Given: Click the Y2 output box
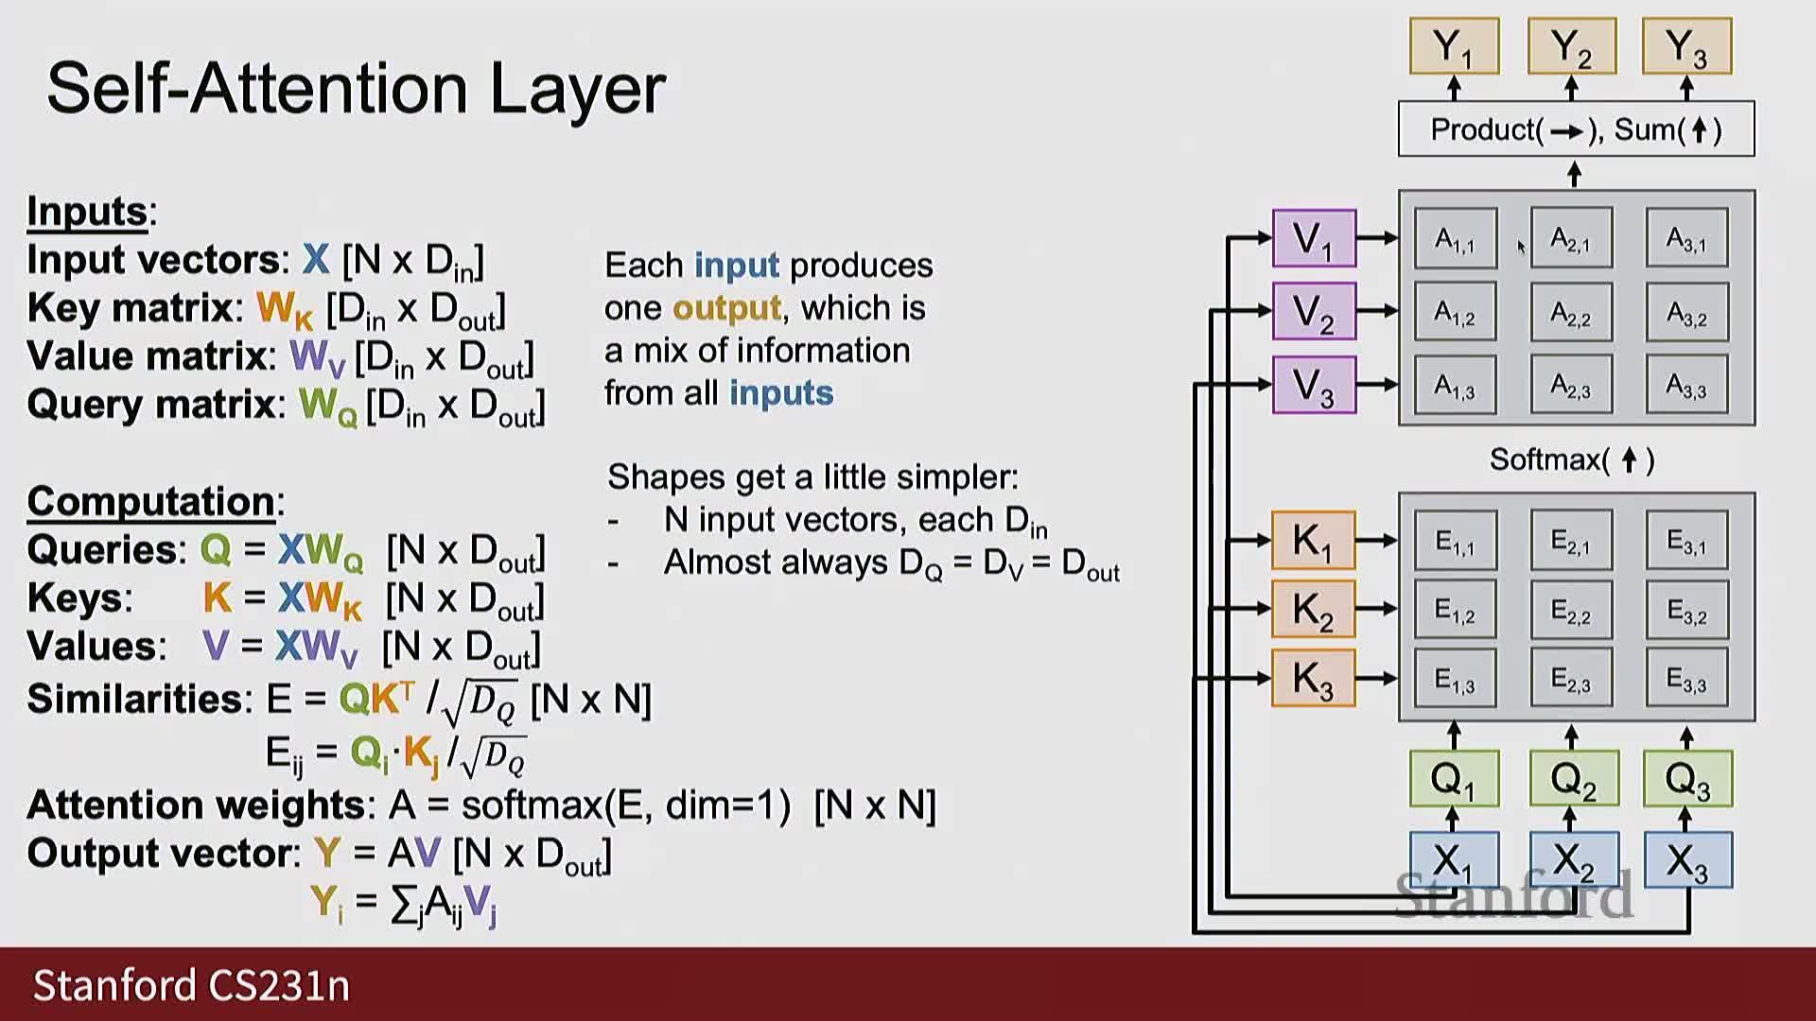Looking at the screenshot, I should point(1571,46).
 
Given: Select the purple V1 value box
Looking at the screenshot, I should point(1314,238).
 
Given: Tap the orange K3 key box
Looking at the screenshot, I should point(1313,679).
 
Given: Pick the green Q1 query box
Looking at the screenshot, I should point(1454,779).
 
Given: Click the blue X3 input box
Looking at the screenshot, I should point(1687,860).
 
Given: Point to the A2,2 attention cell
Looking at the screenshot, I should point(1571,313).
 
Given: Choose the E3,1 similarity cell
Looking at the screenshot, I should point(1687,542).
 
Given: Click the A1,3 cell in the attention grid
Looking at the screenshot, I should point(1455,386).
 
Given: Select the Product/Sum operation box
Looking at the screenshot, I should point(1576,130).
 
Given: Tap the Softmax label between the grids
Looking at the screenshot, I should point(1571,460).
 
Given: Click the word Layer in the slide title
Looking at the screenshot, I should point(578,89).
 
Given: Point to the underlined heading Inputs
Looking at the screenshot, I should point(87,212).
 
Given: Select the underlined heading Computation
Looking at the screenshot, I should point(151,501).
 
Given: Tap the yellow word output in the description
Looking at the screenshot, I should point(726,308).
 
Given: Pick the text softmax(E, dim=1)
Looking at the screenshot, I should point(625,805).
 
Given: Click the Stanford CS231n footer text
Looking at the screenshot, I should point(191,985).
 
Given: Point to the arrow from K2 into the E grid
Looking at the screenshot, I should point(1377,609).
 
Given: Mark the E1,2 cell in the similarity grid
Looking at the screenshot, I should point(1455,611).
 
